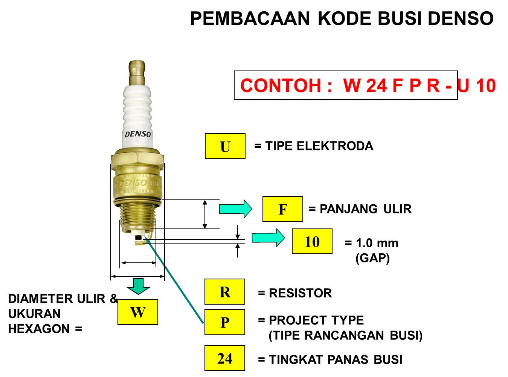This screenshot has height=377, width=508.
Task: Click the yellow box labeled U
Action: (x=225, y=146)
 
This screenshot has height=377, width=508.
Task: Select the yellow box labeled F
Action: (x=282, y=209)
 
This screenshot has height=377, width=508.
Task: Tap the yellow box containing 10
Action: (x=312, y=241)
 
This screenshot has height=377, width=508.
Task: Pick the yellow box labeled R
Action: (x=224, y=292)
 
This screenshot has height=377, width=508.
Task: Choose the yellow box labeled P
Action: (x=224, y=322)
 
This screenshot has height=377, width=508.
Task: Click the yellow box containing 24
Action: (x=224, y=358)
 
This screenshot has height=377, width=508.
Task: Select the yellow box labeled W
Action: (x=137, y=312)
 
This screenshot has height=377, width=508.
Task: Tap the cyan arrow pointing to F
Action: (x=235, y=209)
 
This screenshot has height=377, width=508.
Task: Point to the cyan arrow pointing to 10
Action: (x=268, y=238)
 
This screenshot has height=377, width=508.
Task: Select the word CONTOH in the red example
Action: (x=281, y=86)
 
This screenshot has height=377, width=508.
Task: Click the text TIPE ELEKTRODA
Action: (x=319, y=146)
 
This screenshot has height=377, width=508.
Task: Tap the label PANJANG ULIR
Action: (x=365, y=209)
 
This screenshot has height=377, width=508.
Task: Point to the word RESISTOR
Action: (x=300, y=293)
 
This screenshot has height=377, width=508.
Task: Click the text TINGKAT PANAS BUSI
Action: (x=335, y=360)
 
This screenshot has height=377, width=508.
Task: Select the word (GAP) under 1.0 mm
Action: (x=372, y=258)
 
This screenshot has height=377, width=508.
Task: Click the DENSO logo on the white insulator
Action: (x=138, y=134)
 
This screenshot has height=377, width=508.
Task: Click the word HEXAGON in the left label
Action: (x=39, y=329)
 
